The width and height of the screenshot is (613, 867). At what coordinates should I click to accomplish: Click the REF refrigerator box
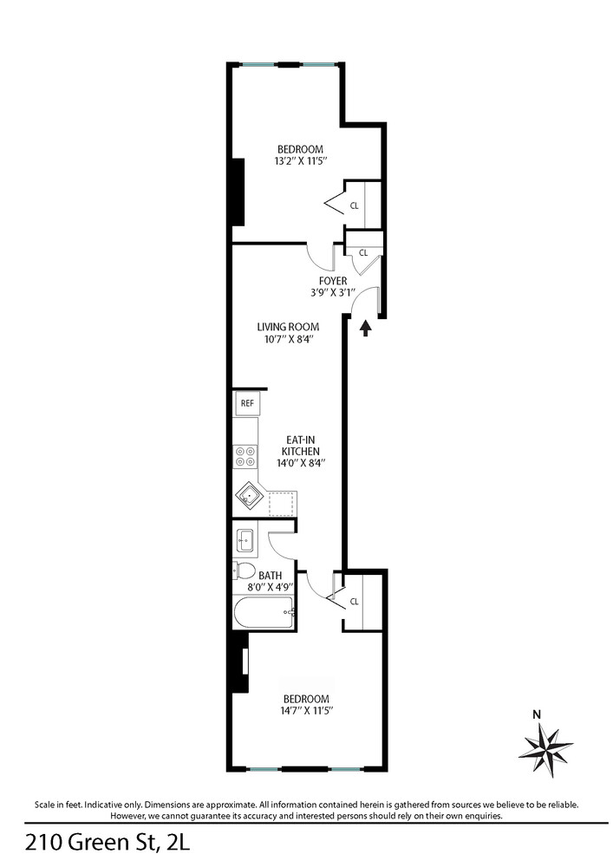(247, 403)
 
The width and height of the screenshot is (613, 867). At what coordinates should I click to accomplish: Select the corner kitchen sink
(250, 496)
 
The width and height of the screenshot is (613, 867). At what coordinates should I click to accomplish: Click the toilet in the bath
(244, 570)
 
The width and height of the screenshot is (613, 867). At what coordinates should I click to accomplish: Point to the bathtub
(264, 613)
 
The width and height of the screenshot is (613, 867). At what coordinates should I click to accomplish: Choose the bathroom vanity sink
(245, 540)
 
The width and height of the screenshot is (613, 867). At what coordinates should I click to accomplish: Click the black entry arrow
(365, 329)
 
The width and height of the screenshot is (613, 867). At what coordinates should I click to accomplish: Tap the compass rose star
(545, 750)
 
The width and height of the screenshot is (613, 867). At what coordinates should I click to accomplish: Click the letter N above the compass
(536, 714)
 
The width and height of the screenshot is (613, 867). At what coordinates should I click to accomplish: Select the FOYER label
(333, 281)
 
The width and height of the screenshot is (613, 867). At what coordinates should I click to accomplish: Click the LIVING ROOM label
(288, 327)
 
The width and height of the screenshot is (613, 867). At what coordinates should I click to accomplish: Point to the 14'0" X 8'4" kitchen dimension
(301, 463)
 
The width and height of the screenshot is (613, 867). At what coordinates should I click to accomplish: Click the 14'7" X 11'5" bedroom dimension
(306, 711)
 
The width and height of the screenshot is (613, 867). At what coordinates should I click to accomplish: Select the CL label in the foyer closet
(363, 252)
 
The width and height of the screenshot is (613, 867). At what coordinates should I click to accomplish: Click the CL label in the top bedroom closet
(355, 205)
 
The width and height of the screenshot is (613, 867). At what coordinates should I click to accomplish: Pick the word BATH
(270, 576)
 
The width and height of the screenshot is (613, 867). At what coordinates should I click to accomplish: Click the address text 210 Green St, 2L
(108, 844)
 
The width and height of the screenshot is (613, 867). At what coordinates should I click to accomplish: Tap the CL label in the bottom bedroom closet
(355, 602)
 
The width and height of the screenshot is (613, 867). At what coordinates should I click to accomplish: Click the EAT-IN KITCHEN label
(300, 445)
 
